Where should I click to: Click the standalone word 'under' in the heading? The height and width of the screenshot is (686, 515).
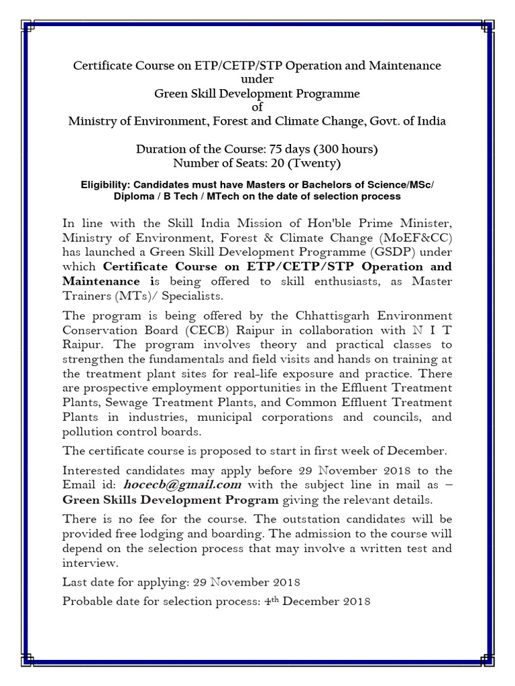[x=257, y=80]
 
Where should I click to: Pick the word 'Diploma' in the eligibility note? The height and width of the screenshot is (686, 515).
[x=133, y=196]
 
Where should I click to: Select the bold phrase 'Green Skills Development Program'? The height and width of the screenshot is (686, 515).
[x=170, y=500]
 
